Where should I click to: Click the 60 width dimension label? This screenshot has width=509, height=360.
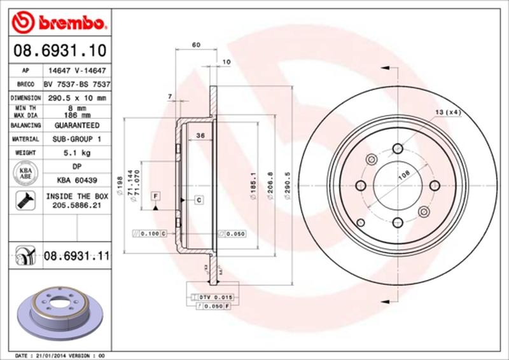click(196, 45)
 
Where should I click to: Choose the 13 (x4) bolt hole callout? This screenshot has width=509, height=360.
click(448, 113)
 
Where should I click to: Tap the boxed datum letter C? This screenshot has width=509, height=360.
click(199, 200)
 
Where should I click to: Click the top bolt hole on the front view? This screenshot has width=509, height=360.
click(397, 148)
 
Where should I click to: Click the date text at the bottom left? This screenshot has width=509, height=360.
click(59, 355)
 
